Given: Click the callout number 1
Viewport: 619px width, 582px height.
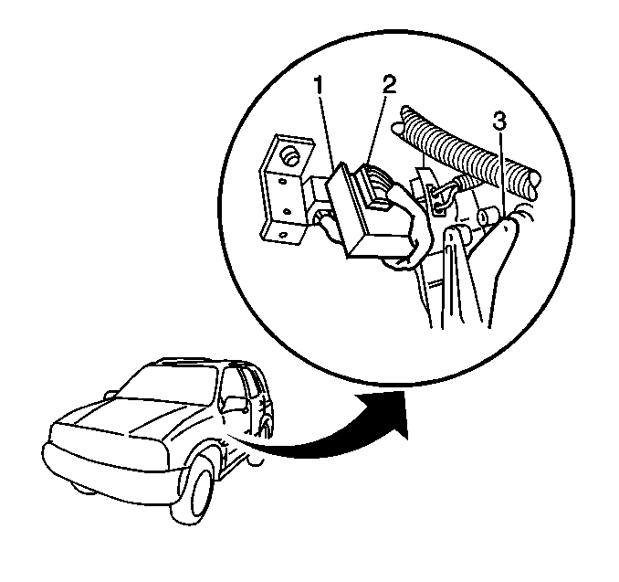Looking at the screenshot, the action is tap(319, 85).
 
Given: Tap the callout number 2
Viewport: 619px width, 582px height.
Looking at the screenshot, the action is tap(388, 84).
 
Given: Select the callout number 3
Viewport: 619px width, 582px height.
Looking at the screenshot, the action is tap(499, 122).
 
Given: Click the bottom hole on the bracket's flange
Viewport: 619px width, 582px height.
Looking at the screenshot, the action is tap(282, 236).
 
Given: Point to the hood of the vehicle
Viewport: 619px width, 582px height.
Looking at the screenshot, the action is tap(131, 418).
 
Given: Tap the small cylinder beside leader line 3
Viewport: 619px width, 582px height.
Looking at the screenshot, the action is tap(487, 217).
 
